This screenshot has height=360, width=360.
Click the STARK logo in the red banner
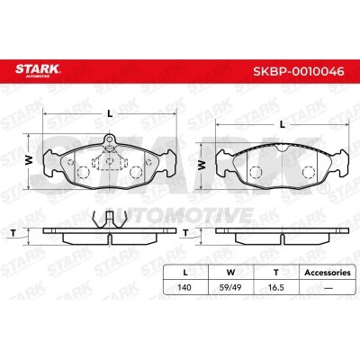pos(38,70)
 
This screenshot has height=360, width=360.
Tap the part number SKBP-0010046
pos(299,72)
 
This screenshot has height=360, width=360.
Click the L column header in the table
pos(185,273)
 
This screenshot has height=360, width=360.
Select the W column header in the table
pos(230,273)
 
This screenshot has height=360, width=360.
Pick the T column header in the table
pos(276,273)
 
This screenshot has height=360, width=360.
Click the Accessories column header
pos(328,273)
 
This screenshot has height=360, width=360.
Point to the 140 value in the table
pos(184,287)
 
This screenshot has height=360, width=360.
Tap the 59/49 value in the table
pos(230,287)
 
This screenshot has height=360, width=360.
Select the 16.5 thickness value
pos(276,287)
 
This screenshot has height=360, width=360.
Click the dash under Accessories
pos(328,288)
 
